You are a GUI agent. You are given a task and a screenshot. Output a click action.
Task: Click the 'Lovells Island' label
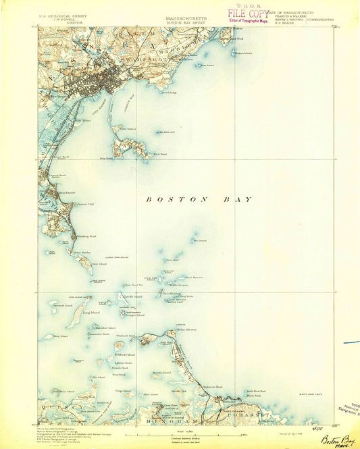(x=132, y=296)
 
